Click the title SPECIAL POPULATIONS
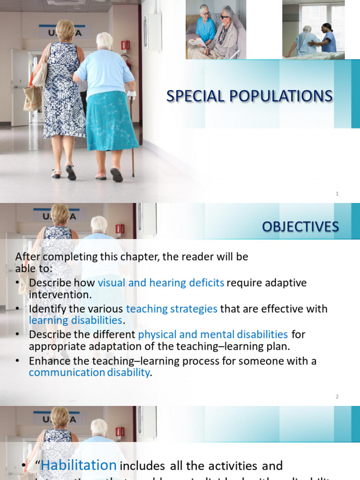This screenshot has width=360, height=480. (x=249, y=96)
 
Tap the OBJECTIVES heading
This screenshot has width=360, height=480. (x=300, y=227)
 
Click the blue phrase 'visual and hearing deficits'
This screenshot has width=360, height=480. (x=161, y=283)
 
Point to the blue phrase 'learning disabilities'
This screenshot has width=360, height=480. (x=75, y=321)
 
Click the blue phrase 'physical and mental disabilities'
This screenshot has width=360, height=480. (x=213, y=334)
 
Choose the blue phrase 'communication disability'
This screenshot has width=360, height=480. (x=89, y=373)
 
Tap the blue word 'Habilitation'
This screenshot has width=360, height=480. (x=79, y=465)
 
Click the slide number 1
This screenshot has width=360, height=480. (x=337, y=194)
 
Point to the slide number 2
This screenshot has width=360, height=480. (x=337, y=397)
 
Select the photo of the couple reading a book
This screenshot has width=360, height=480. (x=216, y=31)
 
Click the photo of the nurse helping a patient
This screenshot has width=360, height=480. (x=313, y=31)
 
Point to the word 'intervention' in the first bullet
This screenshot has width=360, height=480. (x=60, y=295)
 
